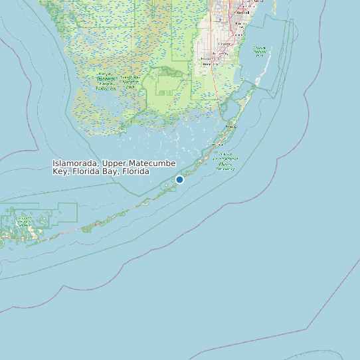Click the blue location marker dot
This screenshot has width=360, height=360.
179,179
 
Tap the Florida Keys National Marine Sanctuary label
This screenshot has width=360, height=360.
225,162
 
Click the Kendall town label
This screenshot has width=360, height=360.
244,12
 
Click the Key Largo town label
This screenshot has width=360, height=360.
232,126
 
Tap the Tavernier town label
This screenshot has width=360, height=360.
217,144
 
